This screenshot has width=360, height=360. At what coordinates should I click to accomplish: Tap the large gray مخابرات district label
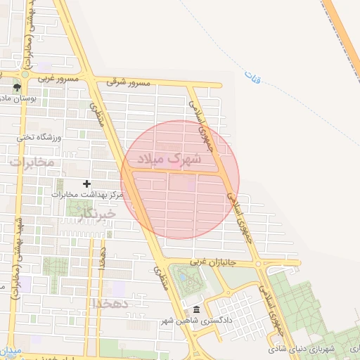(x=32, y=162)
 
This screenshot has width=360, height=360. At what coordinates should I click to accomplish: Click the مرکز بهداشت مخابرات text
(x=88, y=193)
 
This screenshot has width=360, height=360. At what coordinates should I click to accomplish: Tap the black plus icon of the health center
(x=86, y=184)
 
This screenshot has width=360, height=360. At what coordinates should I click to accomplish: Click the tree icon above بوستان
(x=17, y=88)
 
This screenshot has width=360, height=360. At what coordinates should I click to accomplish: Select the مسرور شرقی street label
(x=129, y=82)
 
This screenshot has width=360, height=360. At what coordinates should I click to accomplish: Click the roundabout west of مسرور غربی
(x=25, y=73)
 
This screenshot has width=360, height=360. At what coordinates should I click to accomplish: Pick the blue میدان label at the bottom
(x=11, y=350)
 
